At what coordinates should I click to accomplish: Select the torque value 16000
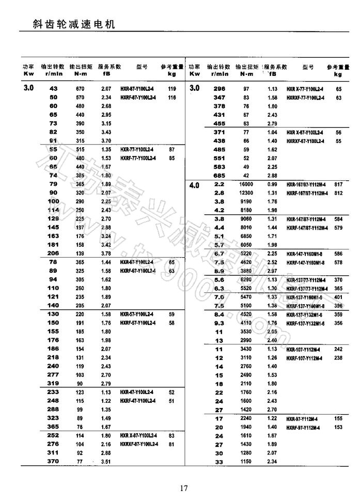tap(246, 184)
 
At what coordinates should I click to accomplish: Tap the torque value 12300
tap(246, 193)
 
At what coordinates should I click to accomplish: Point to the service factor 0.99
tap(272, 184)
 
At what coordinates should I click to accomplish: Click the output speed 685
tap(220, 176)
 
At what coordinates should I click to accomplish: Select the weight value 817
tap(339, 184)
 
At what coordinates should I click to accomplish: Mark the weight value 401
tap(339, 297)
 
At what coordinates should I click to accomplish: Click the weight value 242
tap(339, 350)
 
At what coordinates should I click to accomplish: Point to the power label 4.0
tap(194, 185)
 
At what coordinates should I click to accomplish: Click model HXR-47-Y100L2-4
tap(137, 392)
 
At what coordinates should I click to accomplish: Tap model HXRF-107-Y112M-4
tap(305, 358)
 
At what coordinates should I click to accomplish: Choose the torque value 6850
tap(246, 236)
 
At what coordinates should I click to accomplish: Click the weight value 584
tap(339, 218)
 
